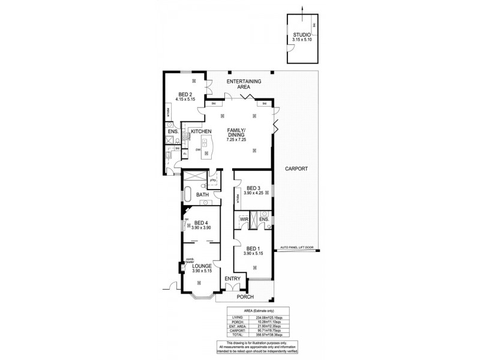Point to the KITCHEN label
click(x=201, y=131)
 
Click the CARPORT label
click(x=296, y=169)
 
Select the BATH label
click(x=202, y=194)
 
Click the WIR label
click(x=244, y=220)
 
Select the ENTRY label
click(x=232, y=279)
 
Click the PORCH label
click(x=245, y=296)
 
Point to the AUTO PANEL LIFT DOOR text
click(x=296, y=248)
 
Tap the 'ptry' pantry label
click(x=213, y=179)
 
